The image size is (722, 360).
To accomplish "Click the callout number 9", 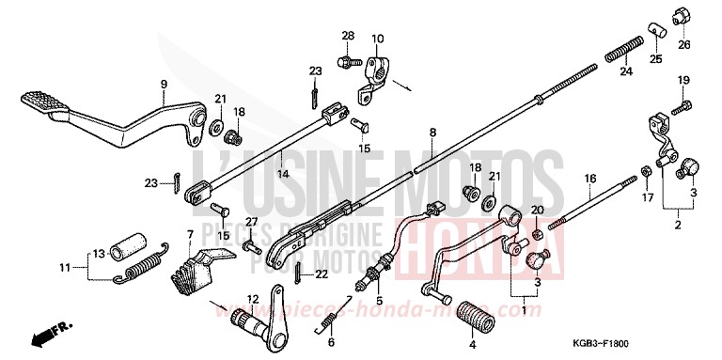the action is (x=163, y=85).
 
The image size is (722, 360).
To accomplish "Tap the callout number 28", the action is (x=347, y=37).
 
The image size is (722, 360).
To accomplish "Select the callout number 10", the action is (x=377, y=39).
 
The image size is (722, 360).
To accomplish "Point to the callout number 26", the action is (x=683, y=43).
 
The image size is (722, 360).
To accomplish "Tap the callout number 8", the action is (x=432, y=133).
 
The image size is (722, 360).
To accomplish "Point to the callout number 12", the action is (x=252, y=299).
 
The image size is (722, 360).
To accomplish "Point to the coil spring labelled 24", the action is (x=624, y=44).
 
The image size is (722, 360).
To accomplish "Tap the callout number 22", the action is (x=322, y=274).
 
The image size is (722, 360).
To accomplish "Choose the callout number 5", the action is (x=380, y=302).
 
